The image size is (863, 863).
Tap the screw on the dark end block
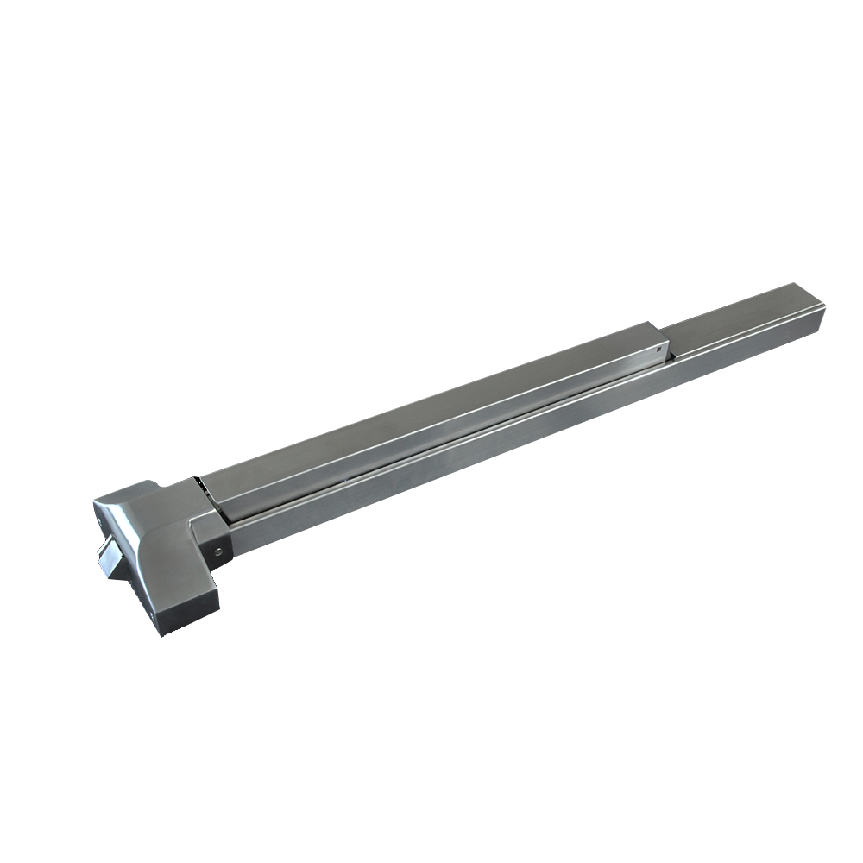click(217, 548)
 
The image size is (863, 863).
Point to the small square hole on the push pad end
click(659, 350)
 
